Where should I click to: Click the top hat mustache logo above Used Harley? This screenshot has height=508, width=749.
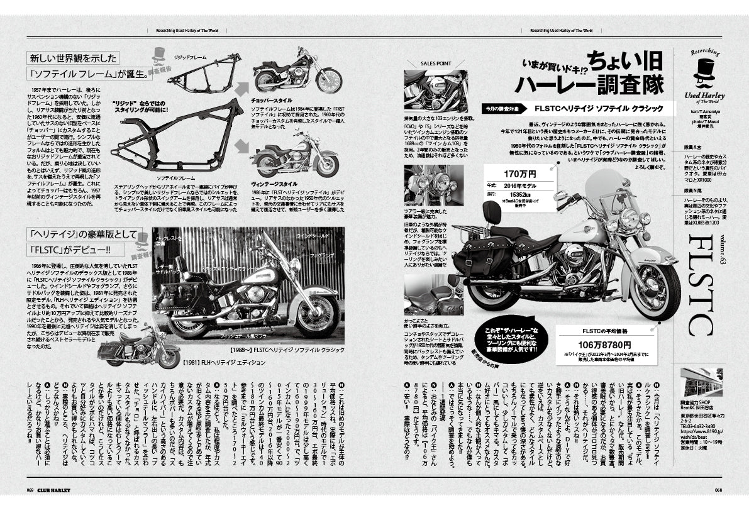coord(707,73)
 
